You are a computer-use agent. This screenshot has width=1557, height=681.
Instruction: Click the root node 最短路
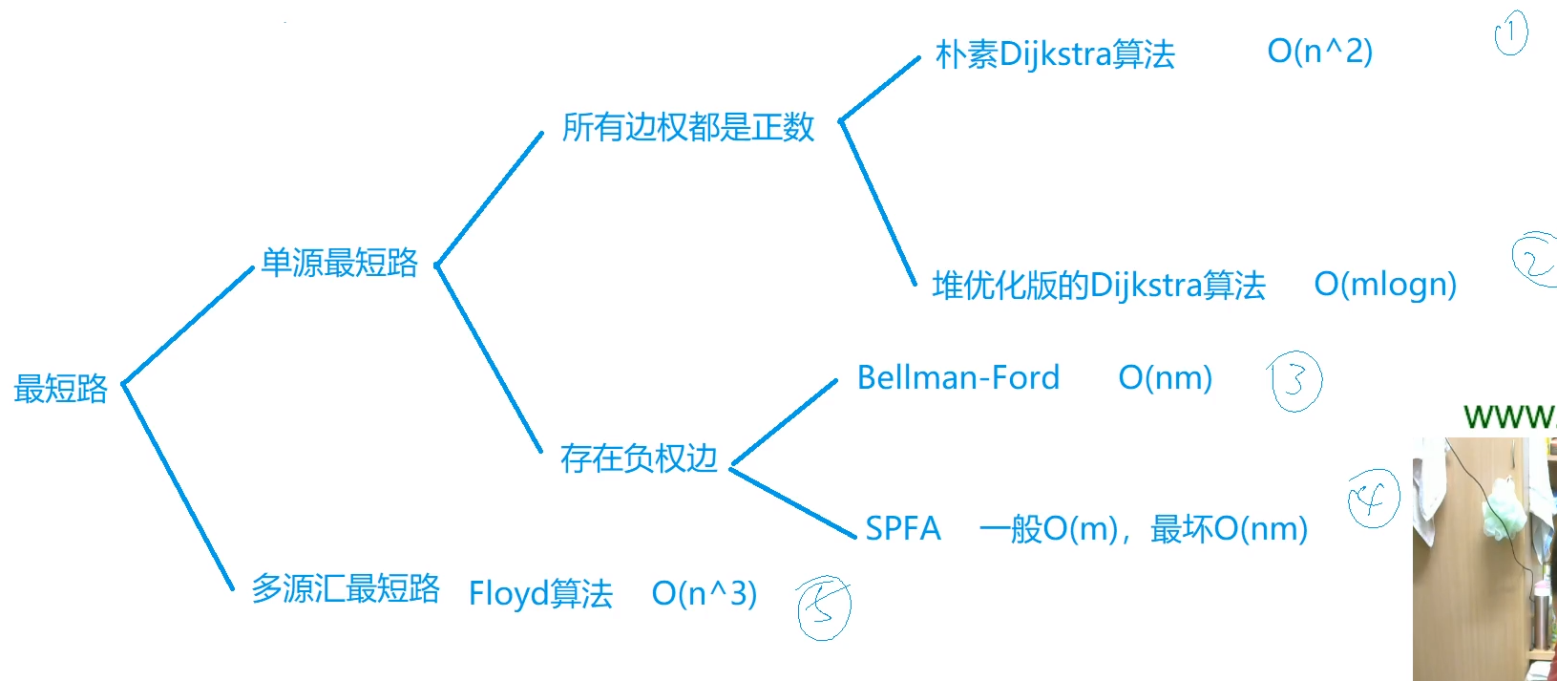pos(61,389)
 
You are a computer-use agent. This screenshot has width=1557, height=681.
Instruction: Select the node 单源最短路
pos(339,263)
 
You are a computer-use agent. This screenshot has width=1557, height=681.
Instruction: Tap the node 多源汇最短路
pos(345,588)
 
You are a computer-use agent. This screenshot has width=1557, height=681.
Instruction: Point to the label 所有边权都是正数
pos(687,127)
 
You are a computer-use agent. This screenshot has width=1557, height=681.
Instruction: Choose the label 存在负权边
pos(638,458)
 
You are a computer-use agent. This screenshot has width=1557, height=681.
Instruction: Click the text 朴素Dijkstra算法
pos(1055,54)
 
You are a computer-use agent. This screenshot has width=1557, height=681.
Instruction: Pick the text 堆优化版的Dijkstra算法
pos(1098,285)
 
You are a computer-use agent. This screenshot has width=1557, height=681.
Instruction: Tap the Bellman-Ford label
pos(957,378)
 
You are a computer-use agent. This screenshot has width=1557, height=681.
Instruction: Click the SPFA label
pos(902,528)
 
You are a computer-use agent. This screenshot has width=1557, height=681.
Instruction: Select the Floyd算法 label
pos(540,593)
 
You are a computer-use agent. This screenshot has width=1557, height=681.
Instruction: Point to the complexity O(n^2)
pos(1319,52)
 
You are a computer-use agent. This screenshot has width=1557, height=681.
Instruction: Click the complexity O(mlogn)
pos(1385,285)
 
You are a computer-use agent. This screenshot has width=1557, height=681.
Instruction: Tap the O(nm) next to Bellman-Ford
pos(1165,378)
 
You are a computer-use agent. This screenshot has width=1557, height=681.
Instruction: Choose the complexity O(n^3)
pos(704,593)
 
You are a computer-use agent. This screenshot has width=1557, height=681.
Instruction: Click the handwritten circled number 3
pos(1295,382)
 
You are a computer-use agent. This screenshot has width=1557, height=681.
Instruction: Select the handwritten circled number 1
pos(1510,34)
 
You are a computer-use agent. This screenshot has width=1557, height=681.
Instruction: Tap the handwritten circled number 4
pos(1373,499)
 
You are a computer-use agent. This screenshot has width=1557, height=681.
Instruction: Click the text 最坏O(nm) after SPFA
pos(1229,528)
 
